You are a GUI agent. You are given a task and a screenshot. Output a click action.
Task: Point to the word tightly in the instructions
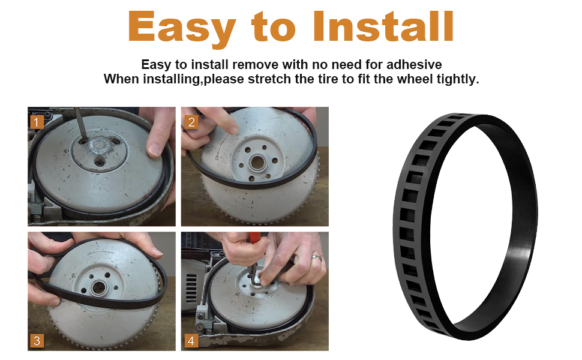[458, 79]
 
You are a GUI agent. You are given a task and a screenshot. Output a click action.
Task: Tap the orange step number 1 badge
[37, 122]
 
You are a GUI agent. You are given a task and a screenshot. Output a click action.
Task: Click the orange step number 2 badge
[191, 122]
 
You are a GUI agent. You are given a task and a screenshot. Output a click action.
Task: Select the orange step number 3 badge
[37, 341]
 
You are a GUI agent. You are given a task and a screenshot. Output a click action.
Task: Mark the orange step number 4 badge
[191, 341]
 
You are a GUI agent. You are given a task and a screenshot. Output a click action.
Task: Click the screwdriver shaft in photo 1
[79, 122]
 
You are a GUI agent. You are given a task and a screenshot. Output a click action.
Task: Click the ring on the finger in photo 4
[316, 257]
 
